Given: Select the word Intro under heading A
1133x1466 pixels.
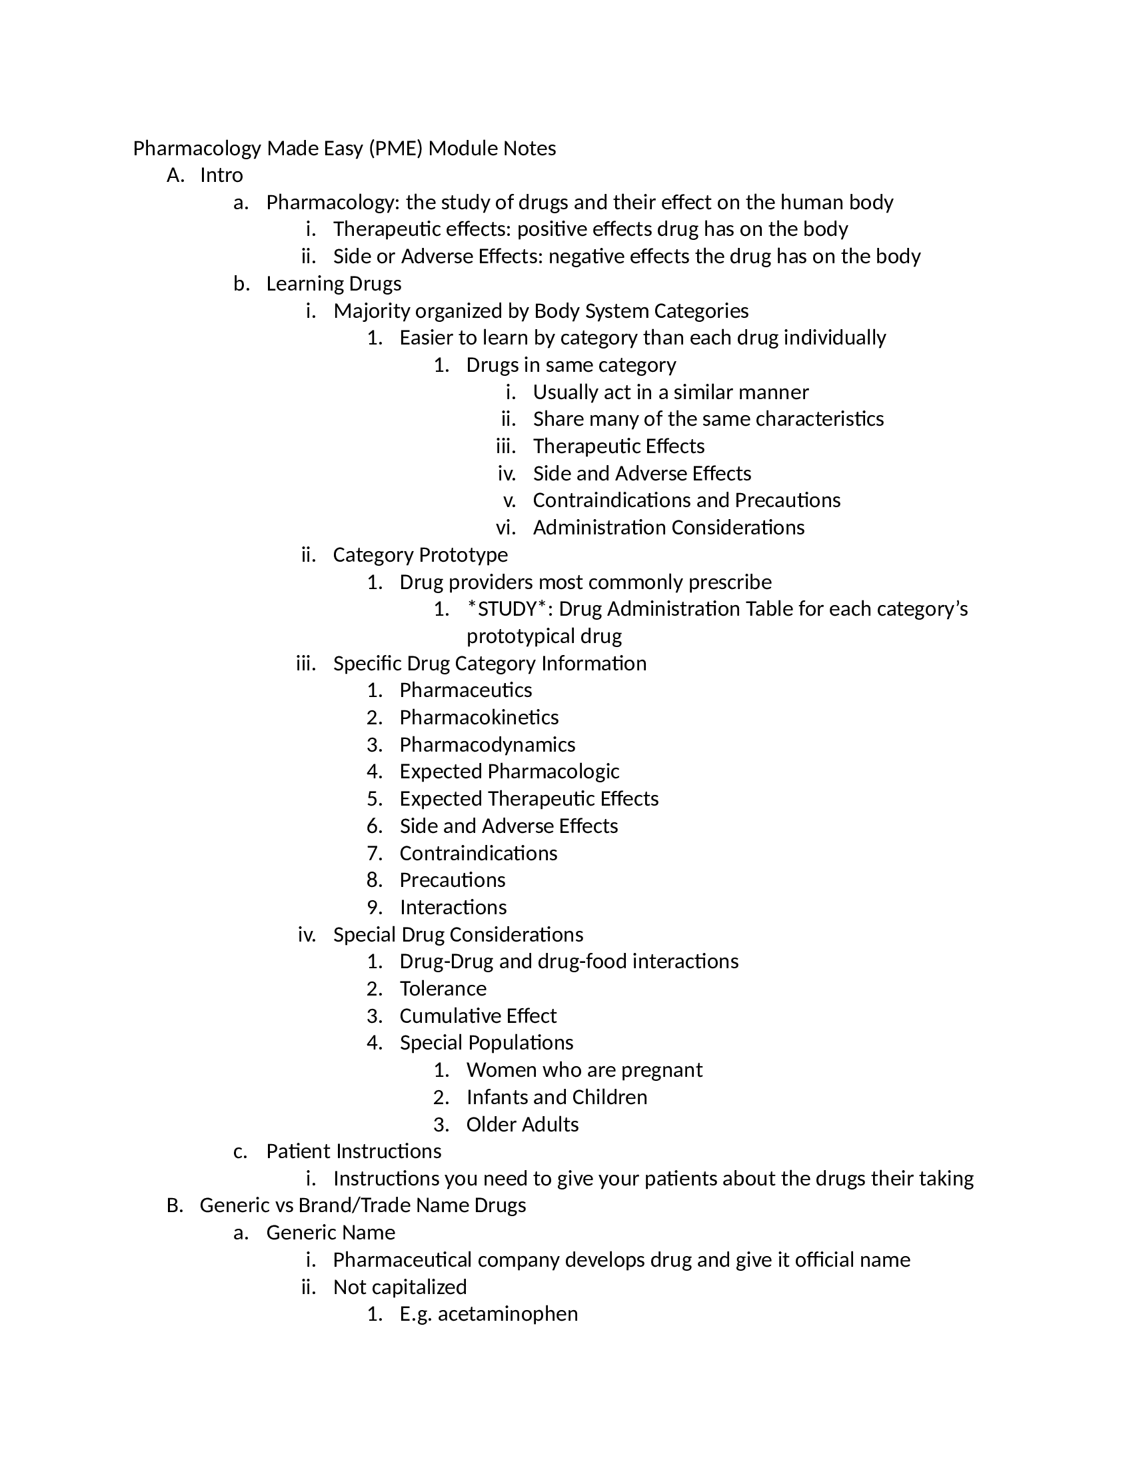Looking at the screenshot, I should [221, 175].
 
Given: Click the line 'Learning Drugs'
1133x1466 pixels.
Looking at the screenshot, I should [334, 284].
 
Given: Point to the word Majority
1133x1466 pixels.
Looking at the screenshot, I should [372, 311].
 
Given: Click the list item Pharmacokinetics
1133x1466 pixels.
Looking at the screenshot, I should [479, 718].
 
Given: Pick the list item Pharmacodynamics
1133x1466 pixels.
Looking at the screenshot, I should [487, 745].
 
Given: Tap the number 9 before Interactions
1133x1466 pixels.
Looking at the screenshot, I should [374, 908].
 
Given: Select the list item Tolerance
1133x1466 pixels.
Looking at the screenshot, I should [443, 989].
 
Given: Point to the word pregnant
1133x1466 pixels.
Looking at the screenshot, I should [662, 1070].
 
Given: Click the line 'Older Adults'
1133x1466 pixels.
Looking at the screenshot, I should [523, 1124].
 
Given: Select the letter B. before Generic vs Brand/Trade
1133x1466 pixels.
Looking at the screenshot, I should [175, 1205].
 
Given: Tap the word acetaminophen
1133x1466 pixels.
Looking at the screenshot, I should [507, 1313].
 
